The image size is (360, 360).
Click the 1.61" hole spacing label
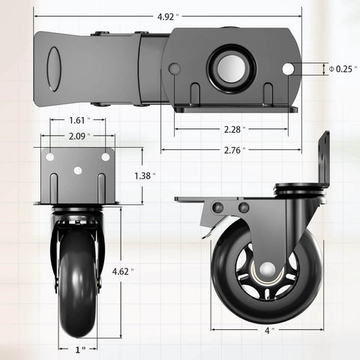[x=77, y=119]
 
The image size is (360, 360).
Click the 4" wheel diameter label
[x=267, y=328]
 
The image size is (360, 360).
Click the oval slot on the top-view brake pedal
[x=54, y=69]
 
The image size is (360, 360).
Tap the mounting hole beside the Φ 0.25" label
[x=288, y=68]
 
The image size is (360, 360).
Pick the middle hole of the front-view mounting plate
[x=77, y=170]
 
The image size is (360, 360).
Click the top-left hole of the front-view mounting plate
[x=50, y=157]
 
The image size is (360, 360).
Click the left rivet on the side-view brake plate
[x=218, y=208]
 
